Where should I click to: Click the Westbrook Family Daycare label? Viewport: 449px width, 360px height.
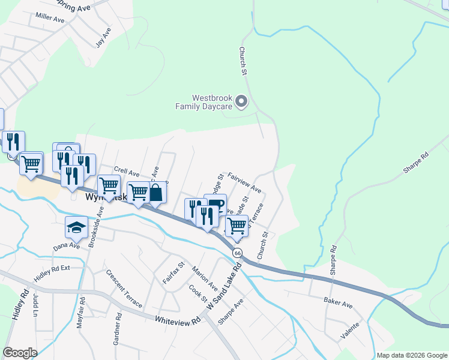pos(203,102)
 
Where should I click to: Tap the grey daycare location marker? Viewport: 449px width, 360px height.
pos(241,101)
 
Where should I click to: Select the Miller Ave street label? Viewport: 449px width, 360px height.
pos(50,19)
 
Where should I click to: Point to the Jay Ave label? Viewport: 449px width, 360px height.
pos(103,37)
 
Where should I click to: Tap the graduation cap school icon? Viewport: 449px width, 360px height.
pos(76,227)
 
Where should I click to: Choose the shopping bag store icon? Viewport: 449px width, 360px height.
pos(155,193)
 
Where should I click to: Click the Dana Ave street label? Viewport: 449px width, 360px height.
pos(66,246)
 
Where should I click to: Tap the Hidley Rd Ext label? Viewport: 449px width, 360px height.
pos(52,269)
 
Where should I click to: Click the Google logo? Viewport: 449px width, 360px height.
pos(20,353)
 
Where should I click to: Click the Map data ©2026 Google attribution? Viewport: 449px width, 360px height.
pos(411,355)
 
